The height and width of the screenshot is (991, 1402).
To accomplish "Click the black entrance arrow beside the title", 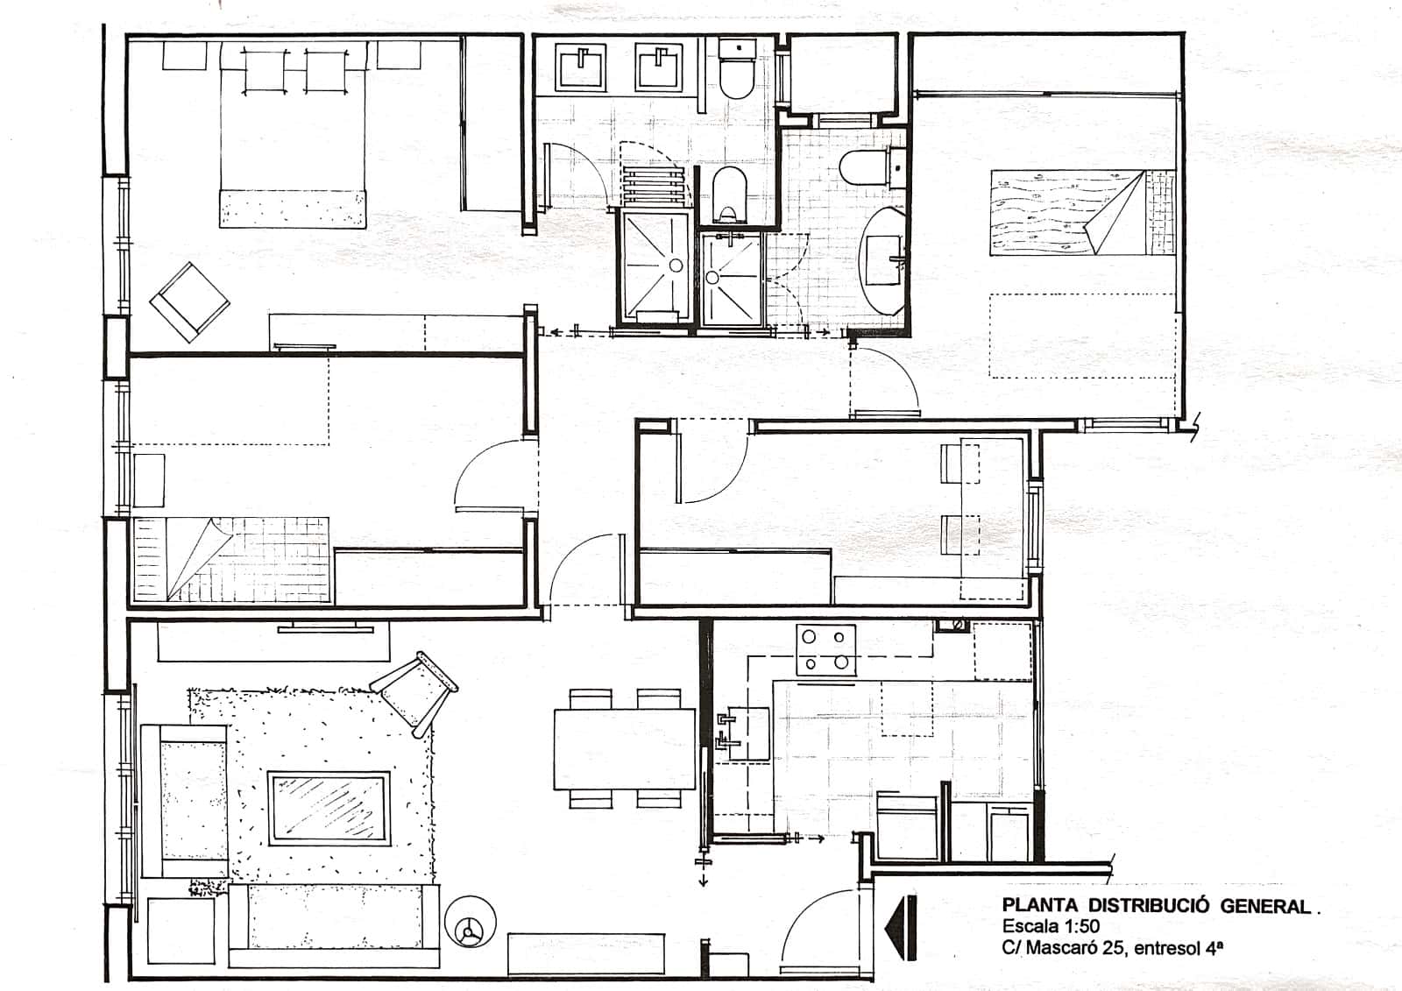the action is coord(902,928).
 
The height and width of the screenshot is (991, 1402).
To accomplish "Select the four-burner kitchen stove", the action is coord(825,650).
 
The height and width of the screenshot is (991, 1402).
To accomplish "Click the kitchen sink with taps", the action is coord(744,733).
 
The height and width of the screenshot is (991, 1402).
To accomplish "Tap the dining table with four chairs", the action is coord(625,749).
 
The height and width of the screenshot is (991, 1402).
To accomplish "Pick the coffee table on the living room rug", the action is coord(329,808).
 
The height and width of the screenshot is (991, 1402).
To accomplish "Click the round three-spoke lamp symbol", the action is coord(470,922).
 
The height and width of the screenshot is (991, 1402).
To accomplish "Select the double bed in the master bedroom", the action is coord(293,134).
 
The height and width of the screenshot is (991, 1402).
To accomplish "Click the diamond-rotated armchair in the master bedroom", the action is coord(189,302).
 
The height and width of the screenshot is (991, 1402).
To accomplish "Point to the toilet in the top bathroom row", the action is coord(737,68).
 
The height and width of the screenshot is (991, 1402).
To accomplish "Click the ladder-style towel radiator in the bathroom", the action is coord(653,186).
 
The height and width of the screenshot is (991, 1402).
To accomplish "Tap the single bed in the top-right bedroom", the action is coord(1081,213).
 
